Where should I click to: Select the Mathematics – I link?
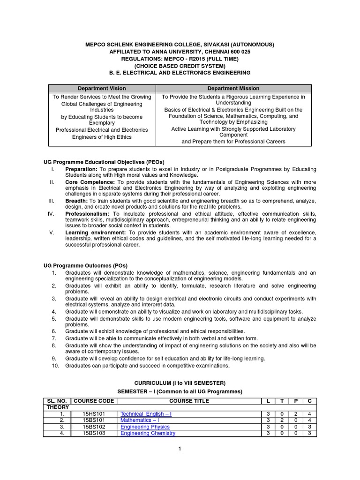(140, 420)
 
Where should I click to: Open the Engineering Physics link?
(145, 427)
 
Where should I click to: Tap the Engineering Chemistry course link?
(148, 434)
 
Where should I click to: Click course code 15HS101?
(94, 414)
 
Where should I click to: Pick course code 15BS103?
(94, 434)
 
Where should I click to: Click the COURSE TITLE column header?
(189, 401)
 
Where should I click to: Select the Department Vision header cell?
(102, 88)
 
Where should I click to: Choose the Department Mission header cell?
(233, 88)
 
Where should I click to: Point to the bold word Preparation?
(81, 169)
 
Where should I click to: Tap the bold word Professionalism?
(88, 213)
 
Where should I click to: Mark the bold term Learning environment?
(96, 232)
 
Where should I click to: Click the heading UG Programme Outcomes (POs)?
(85, 265)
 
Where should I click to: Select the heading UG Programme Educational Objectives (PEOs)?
(104, 162)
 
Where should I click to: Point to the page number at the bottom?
(180, 449)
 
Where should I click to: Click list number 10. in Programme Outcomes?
(55, 366)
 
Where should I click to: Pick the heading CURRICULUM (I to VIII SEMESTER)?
(180, 382)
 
